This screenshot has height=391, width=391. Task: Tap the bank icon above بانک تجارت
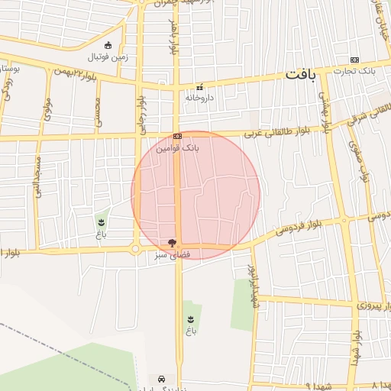pyautogui.click(x=354, y=60)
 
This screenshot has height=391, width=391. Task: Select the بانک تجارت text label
pyautogui.click(x=354, y=71)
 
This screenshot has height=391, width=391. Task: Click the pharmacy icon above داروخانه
pyautogui.click(x=200, y=87)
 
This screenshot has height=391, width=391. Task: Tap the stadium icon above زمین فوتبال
pyautogui.click(x=108, y=44)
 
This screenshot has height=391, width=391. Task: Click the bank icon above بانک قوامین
pyautogui.click(x=177, y=137)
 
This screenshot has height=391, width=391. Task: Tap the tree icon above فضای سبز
pyautogui.click(x=172, y=243)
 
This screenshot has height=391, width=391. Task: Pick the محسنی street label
pyautogui.click(x=98, y=112)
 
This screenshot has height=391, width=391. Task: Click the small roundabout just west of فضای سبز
pyautogui.click(x=135, y=249)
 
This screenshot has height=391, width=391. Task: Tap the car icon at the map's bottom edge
pyautogui.click(x=161, y=379)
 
